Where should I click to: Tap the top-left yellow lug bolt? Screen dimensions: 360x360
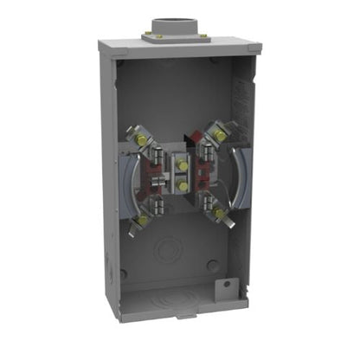click(x=138, y=136)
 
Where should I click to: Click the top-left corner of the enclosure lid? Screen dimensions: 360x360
click(x=100, y=43)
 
